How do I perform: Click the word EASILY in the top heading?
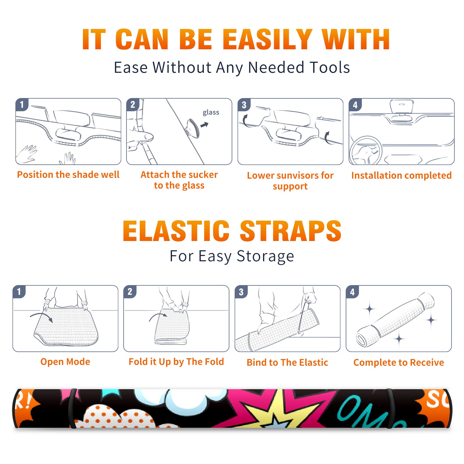pos(267,39)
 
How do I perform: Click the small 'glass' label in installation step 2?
pos(211,113)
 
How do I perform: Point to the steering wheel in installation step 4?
pos(366,151)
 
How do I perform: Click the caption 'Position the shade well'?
pos(68,175)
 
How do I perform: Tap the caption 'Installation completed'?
pos(401,175)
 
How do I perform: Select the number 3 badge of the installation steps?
pos(244,105)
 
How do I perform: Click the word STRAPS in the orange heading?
pos(291,231)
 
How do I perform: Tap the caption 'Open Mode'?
pos(65,362)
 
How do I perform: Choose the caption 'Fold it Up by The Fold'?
pos(176,362)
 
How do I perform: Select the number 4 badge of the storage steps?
pos(352,292)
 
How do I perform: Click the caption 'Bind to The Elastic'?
pos(287,362)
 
